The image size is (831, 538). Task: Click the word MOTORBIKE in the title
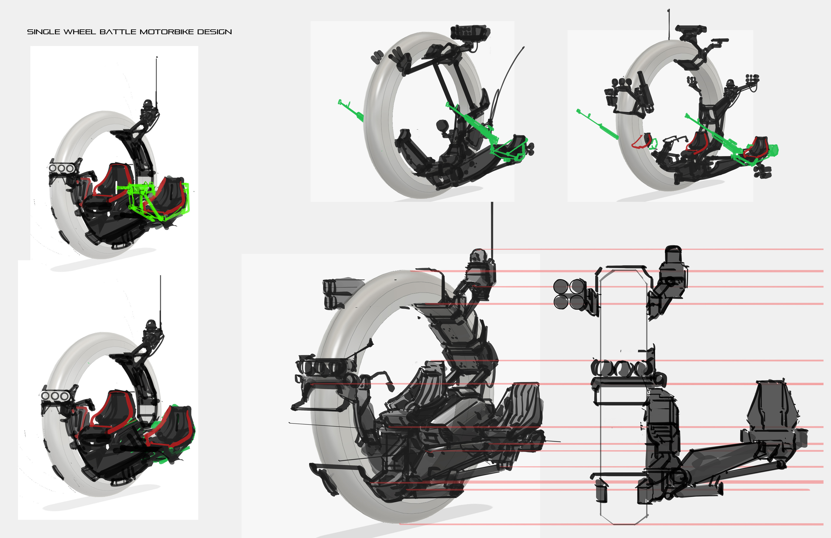[167, 32]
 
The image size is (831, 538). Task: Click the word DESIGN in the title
[214, 32]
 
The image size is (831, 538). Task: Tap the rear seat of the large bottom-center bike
[520, 405]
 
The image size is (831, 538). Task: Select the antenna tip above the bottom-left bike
[160, 277]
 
